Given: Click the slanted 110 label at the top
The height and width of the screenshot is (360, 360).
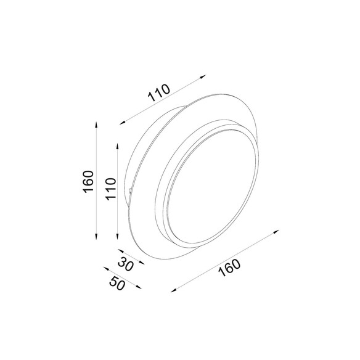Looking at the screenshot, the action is pyautogui.click(x=159, y=92).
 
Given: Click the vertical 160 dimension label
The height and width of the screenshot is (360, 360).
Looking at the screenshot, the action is pyautogui.click(x=89, y=182).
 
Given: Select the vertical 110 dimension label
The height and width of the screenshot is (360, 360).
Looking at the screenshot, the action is pyautogui.click(x=110, y=189).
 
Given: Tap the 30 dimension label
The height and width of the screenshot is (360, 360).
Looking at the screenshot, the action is pyautogui.click(x=126, y=264).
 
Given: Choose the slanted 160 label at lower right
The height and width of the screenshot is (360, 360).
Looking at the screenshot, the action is pyautogui.click(x=229, y=268).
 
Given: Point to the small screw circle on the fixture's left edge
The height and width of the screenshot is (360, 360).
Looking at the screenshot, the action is pyautogui.click(x=130, y=190).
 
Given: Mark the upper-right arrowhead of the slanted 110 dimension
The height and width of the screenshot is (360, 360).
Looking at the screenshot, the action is pyautogui.click(x=203, y=76).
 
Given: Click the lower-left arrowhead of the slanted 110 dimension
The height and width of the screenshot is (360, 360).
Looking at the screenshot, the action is pyautogui.click(x=123, y=123).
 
